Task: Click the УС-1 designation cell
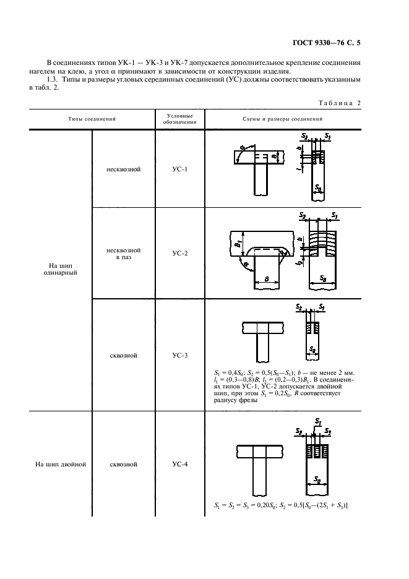(179, 169)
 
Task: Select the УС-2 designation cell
(179, 253)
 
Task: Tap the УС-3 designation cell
(179, 356)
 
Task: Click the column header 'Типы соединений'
(92, 118)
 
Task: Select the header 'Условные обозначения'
(179, 118)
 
